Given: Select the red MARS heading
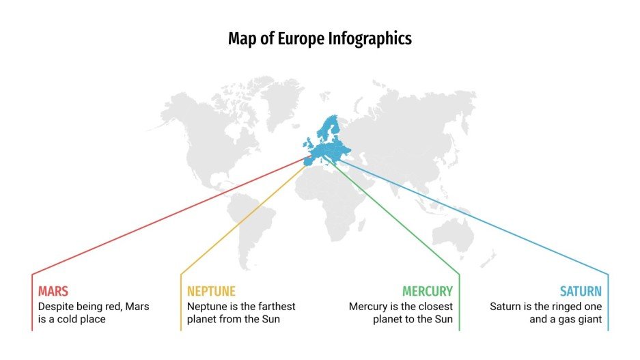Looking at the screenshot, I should [x=53, y=291].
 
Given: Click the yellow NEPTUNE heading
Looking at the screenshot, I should [x=211, y=291].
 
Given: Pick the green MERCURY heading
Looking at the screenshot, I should [x=427, y=291].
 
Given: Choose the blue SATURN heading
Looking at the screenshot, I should [x=581, y=291].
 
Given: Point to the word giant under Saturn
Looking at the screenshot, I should [x=587, y=319].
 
